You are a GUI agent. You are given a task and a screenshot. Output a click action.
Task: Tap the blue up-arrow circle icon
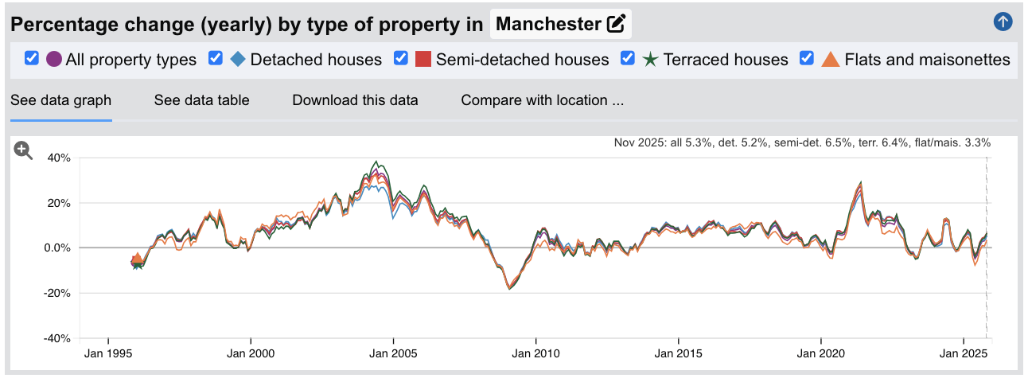1003,22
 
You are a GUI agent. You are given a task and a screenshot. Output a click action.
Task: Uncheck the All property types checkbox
32,59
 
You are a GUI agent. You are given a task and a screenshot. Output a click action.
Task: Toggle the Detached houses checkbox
215,59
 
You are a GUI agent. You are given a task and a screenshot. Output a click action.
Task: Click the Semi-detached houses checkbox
401,59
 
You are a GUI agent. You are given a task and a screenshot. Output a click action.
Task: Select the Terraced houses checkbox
628,59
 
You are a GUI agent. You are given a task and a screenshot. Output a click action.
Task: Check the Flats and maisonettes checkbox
807,59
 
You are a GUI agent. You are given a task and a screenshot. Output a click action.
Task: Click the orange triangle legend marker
831,60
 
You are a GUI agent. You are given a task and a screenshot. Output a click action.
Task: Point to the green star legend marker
651,60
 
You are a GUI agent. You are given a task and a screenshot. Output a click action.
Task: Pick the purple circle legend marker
54,60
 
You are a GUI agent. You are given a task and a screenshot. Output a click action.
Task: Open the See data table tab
201,100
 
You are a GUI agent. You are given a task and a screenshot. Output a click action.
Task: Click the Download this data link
355,100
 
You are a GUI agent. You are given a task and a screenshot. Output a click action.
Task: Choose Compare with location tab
542,100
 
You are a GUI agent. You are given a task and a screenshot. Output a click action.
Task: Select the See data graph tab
60,100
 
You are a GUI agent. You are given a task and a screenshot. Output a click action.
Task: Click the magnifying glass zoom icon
23,150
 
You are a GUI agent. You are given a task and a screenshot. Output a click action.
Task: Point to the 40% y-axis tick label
59,158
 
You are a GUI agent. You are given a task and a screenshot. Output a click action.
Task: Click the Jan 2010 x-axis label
536,353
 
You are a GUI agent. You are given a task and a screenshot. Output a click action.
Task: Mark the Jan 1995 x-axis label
108,353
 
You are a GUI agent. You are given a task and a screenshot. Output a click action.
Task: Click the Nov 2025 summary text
802,143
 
